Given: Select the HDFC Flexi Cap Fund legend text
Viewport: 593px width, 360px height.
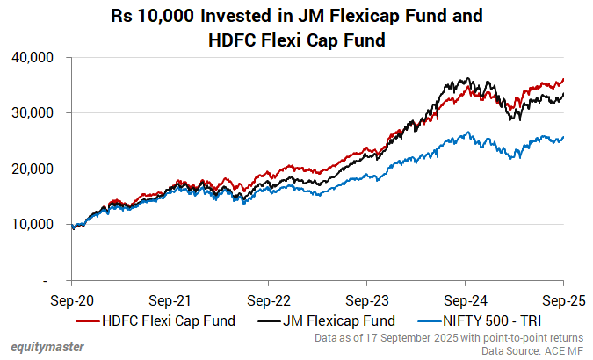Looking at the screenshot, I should click(x=169, y=320).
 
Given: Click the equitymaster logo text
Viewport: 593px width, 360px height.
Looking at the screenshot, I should click(x=48, y=347).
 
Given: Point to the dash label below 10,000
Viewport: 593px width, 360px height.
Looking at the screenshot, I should click(x=54, y=280).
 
